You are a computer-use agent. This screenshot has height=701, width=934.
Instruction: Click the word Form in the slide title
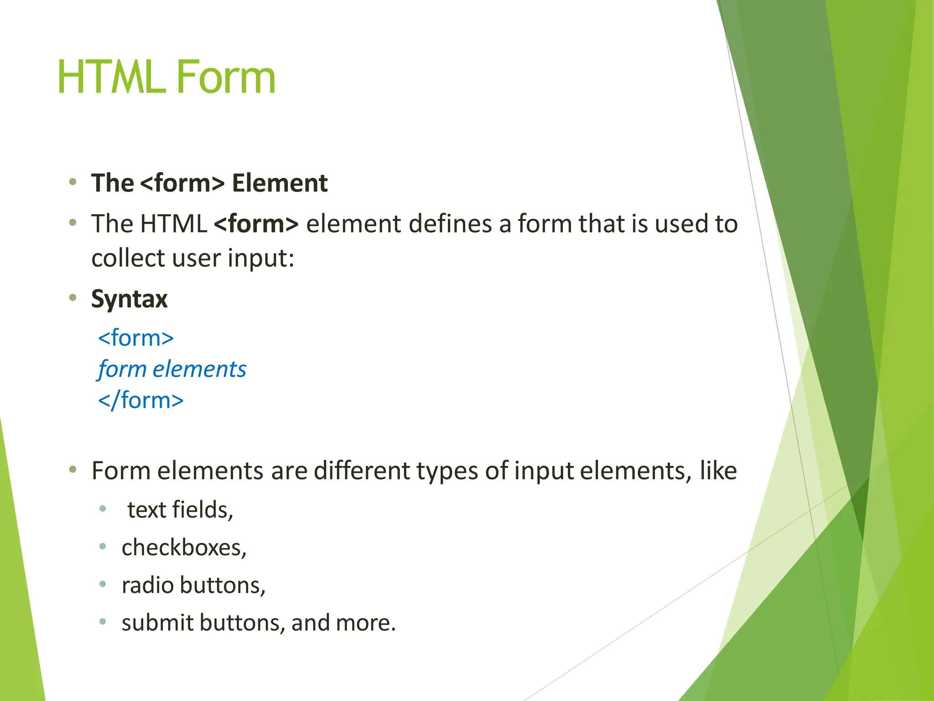[x=226, y=78]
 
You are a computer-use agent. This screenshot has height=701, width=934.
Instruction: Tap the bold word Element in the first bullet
[x=280, y=183]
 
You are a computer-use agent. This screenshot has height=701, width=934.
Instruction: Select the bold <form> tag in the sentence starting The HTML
[x=256, y=224]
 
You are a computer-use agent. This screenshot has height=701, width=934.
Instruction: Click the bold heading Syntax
[x=130, y=300]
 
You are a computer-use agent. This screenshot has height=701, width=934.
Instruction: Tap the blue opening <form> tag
[x=136, y=338]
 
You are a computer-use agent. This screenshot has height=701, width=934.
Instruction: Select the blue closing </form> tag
[x=141, y=400]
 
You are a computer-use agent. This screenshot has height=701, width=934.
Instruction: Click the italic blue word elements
[x=199, y=369]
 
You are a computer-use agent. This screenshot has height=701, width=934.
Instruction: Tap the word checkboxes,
[x=184, y=548]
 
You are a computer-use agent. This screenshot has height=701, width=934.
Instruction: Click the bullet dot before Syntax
[x=73, y=298]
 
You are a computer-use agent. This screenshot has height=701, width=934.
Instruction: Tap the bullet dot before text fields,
[x=103, y=508]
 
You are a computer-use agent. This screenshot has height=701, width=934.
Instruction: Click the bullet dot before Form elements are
[x=73, y=470]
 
